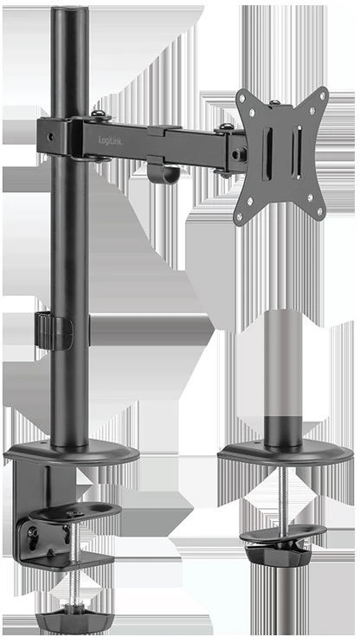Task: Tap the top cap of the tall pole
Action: point(69,11)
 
